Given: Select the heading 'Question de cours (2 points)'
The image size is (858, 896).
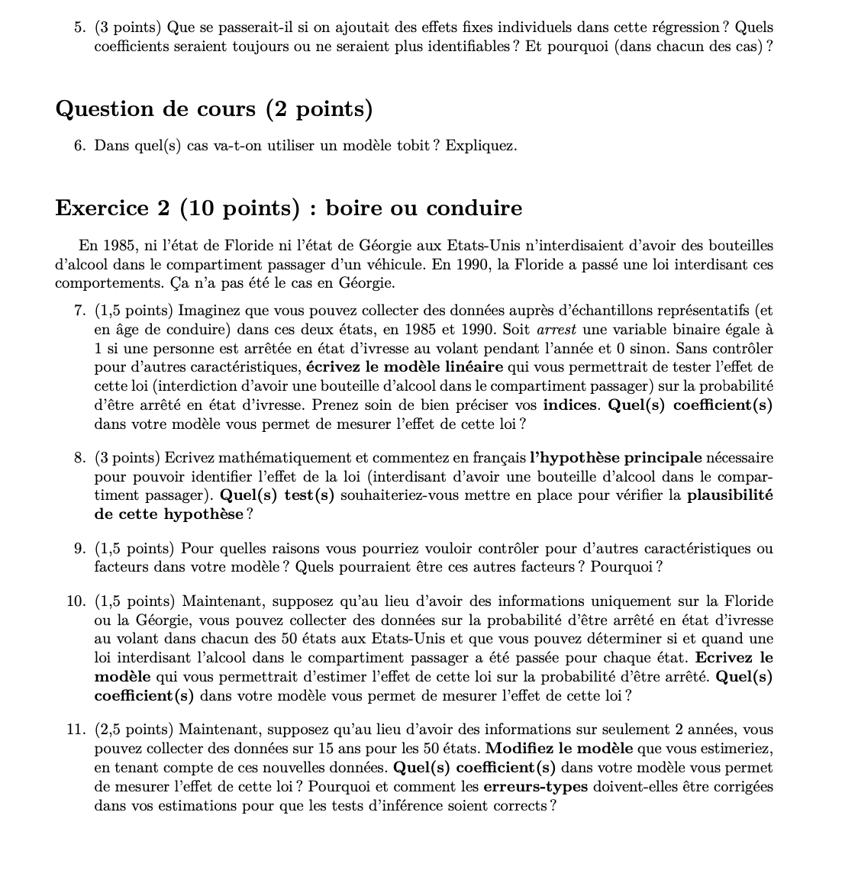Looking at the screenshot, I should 214,109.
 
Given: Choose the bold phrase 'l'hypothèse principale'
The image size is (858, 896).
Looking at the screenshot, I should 615,459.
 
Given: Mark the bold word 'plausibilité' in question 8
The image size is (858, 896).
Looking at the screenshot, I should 730,495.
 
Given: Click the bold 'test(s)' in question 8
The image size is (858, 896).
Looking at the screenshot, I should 310,495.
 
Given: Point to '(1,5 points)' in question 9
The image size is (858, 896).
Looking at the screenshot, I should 135,549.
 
